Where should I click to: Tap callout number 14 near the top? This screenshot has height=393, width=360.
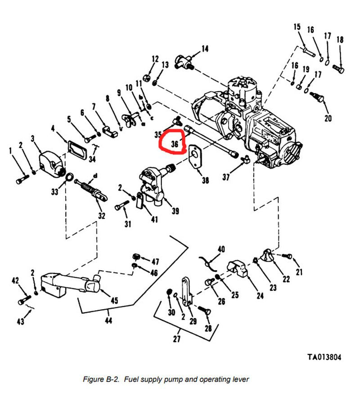[205, 49]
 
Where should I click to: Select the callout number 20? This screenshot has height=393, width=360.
[328, 118]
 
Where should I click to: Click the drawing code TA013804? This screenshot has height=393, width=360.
[324, 357]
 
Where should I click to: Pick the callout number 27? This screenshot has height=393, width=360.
[176, 339]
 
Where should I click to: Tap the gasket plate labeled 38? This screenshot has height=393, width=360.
[195, 157]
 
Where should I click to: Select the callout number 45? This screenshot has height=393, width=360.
[114, 301]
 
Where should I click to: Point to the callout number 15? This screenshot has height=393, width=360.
[297, 27]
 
